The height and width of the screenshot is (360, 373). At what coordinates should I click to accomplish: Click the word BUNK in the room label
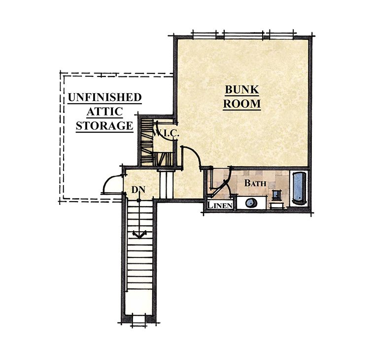click(x=242, y=90)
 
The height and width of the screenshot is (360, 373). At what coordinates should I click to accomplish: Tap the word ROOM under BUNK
click(x=242, y=104)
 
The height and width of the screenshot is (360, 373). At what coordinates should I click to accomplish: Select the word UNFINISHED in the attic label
click(x=104, y=97)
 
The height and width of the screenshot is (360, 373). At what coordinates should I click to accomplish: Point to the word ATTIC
click(x=104, y=111)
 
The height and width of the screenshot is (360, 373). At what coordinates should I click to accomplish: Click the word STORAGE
click(x=104, y=125)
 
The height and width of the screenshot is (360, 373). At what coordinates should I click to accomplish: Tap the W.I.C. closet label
click(x=166, y=133)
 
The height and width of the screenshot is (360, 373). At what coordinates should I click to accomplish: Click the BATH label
click(x=255, y=183)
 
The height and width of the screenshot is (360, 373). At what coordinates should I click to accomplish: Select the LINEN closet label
click(x=220, y=205)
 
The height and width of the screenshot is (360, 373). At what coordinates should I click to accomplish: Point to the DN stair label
click(x=138, y=189)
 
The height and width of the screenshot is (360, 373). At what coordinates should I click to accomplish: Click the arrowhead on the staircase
click(x=139, y=235)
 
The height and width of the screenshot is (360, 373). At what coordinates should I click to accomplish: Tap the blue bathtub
click(x=299, y=188)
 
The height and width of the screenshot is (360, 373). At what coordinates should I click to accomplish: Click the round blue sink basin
click(x=251, y=203)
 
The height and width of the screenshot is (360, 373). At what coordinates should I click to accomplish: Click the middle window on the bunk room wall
click(x=243, y=35)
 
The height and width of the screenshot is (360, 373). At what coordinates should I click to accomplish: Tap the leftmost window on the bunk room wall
click(x=205, y=35)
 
